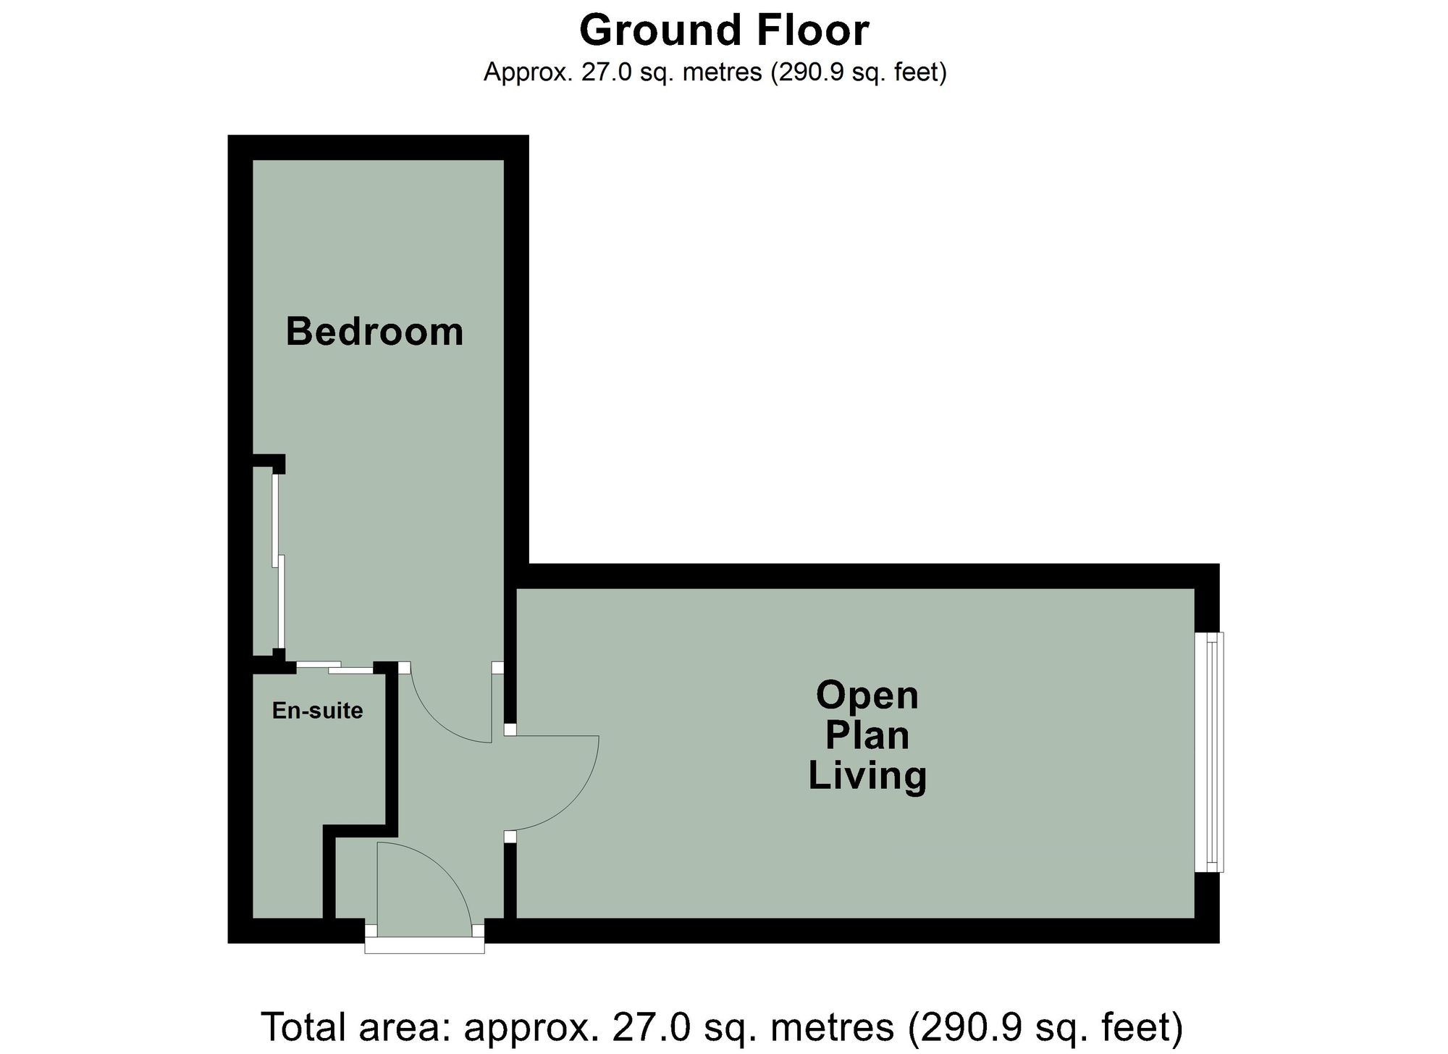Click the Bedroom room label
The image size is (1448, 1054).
[374, 332]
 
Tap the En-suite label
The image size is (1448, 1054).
[317, 711]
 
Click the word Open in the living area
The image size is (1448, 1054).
[867, 696]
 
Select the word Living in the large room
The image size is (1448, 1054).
[867, 775]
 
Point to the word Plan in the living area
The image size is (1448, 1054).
[867, 735]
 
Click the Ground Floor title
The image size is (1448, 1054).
[723, 30]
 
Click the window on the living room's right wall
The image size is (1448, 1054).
[1210, 752]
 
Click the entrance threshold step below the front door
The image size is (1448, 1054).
[424, 946]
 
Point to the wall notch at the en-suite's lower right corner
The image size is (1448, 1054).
[360, 829]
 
